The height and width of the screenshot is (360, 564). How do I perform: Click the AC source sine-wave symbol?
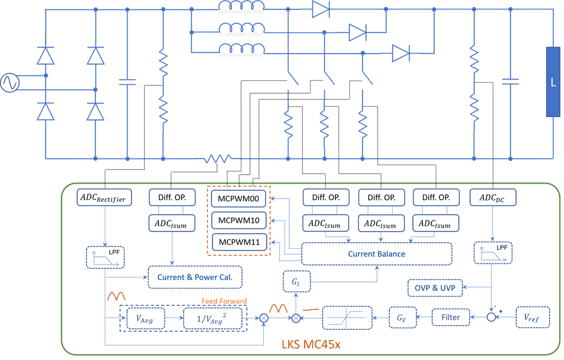pyautogui.click(x=9, y=83)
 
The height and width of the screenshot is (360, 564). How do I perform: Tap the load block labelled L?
pyautogui.click(x=553, y=82)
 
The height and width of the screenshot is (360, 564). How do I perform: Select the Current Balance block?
pyautogui.click(x=377, y=253)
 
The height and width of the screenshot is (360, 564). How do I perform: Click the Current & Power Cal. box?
pyautogui.click(x=195, y=277)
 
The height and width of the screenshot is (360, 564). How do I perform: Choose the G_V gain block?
pyautogui.click(x=402, y=317)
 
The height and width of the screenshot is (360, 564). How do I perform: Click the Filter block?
pyautogui.click(x=451, y=317)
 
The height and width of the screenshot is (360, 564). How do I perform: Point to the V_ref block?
pyautogui.click(x=533, y=317)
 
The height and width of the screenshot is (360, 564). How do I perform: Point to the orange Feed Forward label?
pyautogui.click(x=224, y=301)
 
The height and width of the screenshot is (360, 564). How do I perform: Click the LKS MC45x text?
pyautogui.click(x=310, y=344)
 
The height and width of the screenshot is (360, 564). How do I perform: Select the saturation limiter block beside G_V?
pyautogui.click(x=348, y=317)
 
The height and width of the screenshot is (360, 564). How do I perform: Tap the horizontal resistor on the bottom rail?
pyautogui.click(x=218, y=159)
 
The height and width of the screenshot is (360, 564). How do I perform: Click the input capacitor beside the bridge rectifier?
pyautogui.click(x=127, y=82)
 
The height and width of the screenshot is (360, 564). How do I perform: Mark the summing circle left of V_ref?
pyautogui.click(x=491, y=317)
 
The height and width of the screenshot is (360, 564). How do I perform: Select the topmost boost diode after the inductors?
pyautogui.click(x=321, y=9)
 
